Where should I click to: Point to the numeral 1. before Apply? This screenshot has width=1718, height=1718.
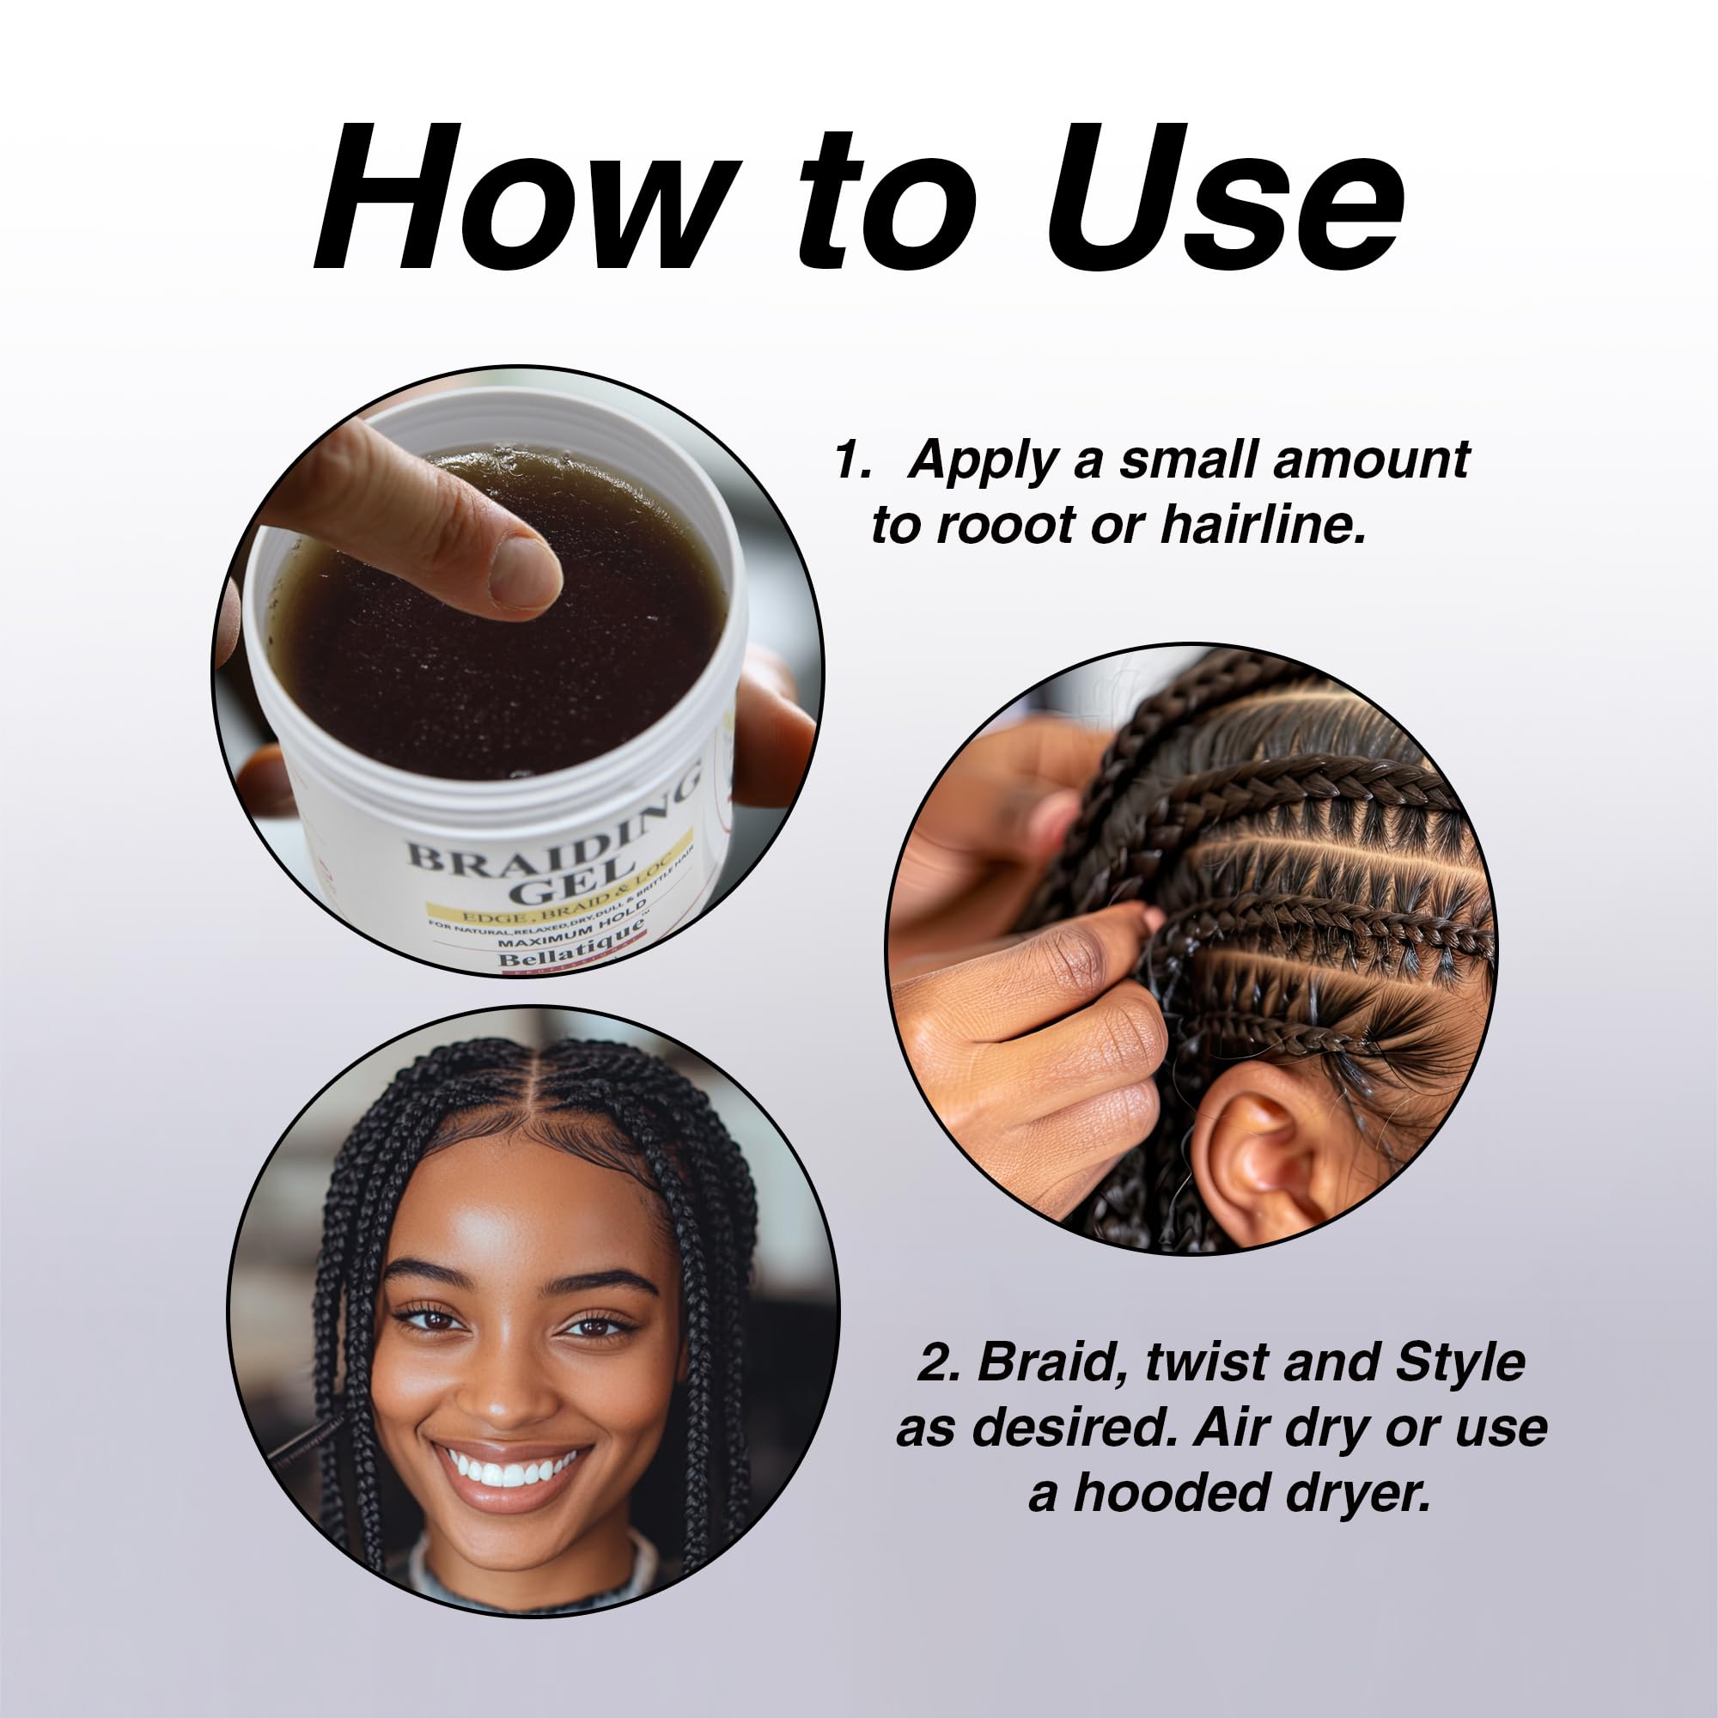pyautogui.click(x=851, y=460)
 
